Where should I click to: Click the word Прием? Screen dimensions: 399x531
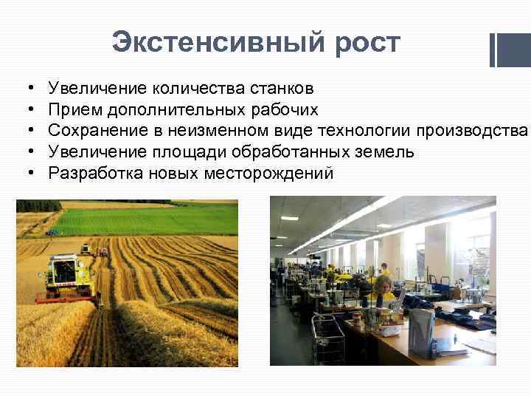point(74,110)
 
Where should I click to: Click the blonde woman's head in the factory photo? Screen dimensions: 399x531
point(383,284)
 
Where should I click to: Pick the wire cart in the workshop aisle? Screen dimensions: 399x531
point(329,337)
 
